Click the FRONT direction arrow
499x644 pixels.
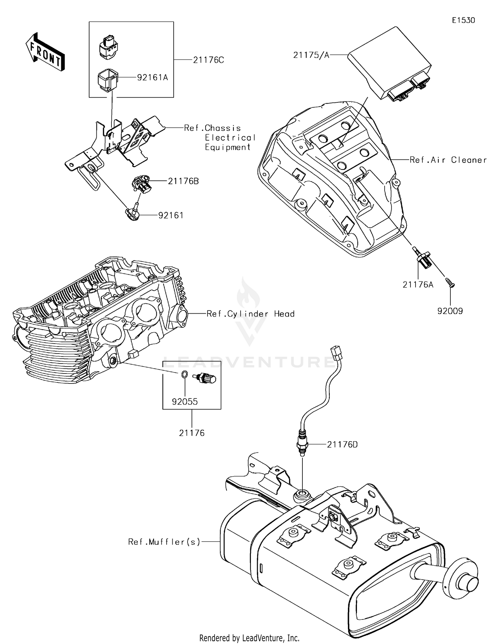(x=45, y=53)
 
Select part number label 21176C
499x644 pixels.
(x=209, y=60)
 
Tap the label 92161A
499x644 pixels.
(x=153, y=78)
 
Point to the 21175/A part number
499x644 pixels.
(x=311, y=55)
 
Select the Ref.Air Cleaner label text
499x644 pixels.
(x=448, y=160)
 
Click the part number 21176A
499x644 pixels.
(x=418, y=285)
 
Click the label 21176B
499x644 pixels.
(x=183, y=181)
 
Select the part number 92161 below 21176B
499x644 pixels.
(x=171, y=216)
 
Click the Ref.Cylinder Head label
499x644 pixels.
(x=250, y=314)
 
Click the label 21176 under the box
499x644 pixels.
(x=192, y=433)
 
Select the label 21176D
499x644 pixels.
(x=342, y=445)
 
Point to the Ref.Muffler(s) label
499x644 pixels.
(x=164, y=542)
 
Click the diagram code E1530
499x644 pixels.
(x=463, y=20)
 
